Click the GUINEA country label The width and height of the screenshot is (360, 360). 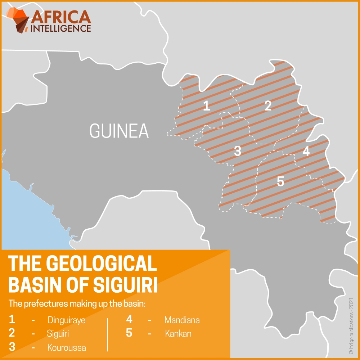coord(119,131)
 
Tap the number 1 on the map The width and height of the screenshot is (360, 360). coord(206,106)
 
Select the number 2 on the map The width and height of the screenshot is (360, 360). coord(267,106)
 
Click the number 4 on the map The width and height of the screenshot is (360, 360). coord(306,152)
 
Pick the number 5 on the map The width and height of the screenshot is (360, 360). coord(280,182)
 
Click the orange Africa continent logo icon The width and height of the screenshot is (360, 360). coord(18,20)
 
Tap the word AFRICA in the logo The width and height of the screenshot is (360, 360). coord(61,17)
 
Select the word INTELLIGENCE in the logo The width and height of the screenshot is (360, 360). coord(61,28)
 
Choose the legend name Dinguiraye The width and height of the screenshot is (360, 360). coord(67,320)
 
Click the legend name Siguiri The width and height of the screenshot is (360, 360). coord(58,334)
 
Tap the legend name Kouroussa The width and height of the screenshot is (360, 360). coord(67,347)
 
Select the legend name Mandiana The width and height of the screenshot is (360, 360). coord(182,320)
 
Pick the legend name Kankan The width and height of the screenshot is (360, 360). coord(178,334)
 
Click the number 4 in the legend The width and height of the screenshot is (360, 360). coord(129,319)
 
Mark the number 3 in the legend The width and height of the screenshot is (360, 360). coord(12,347)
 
